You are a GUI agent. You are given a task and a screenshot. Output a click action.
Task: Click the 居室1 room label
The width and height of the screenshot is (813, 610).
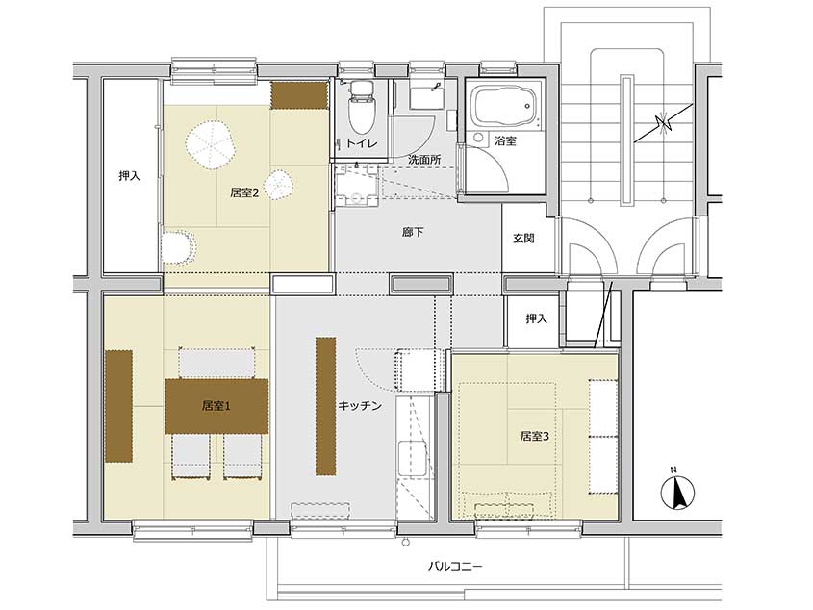click(216, 406)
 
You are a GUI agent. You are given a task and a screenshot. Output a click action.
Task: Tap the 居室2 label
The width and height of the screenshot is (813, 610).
click(244, 193)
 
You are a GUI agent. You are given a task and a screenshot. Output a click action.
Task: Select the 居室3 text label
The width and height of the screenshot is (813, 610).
click(535, 436)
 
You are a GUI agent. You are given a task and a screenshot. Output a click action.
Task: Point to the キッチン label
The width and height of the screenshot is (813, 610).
click(360, 406)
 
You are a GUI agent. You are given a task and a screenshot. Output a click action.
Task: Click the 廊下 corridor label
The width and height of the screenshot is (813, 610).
click(413, 232)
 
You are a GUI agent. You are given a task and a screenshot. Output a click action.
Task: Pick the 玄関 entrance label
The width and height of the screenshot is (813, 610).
click(523, 239)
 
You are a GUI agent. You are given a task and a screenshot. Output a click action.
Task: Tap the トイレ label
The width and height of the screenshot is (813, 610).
click(362, 143)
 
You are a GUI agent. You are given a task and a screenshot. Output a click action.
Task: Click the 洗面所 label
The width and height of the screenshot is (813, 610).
click(424, 160)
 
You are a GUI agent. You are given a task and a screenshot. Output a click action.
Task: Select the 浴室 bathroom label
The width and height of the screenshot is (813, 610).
click(505, 140)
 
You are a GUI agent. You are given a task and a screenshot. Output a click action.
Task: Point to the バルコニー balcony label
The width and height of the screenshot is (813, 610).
click(455, 566)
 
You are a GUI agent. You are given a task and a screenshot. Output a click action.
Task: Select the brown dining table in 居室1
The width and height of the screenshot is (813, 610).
click(216, 406)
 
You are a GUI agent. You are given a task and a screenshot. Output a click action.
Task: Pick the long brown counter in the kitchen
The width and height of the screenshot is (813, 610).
click(325, 406)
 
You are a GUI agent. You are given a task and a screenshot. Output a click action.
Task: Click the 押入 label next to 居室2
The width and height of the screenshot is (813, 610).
click(130, 176)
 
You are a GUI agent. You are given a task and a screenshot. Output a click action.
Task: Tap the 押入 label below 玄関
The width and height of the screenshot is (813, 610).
click(536, 318)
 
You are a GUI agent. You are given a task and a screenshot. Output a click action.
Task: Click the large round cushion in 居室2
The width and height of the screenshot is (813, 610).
click(211, 145)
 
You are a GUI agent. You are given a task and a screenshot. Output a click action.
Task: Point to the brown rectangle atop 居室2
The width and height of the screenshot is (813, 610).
click(301, 95)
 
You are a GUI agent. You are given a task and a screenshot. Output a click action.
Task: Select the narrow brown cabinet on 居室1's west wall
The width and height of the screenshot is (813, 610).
click(118, 406)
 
